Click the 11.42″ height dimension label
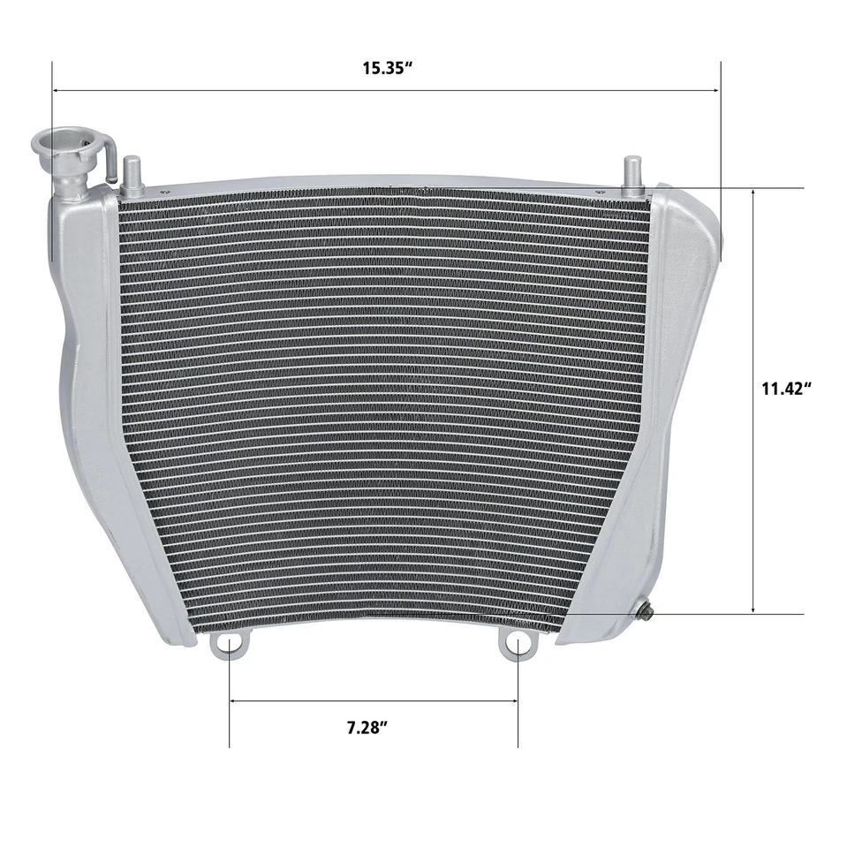(786, 388)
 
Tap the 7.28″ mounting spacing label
(367, 729)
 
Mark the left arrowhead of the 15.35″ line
(57, 90)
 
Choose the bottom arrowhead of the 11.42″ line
(752, 609)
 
